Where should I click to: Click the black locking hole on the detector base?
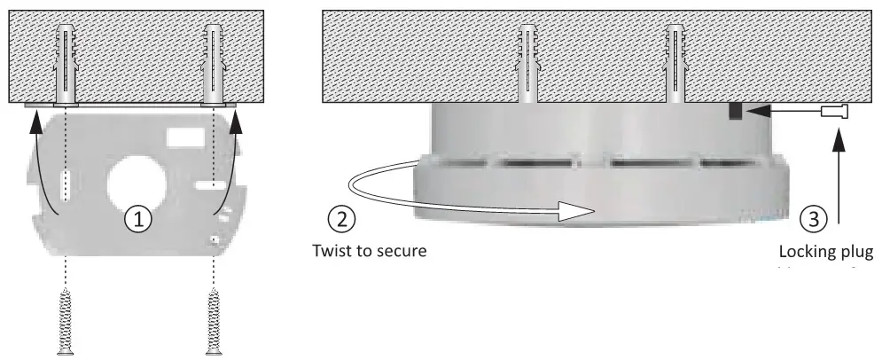(736, 112)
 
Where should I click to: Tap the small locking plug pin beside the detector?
(835, 112)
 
